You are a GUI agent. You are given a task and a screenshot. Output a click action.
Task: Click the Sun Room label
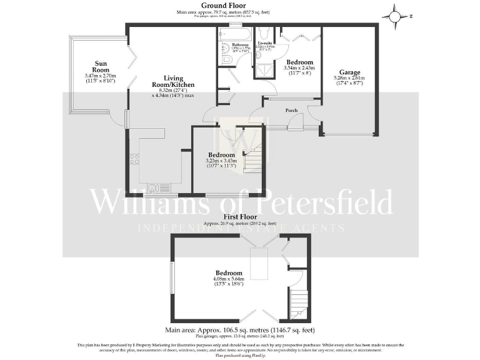tap(101, 66)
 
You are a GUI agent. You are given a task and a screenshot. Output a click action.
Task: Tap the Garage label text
tap(349, 71)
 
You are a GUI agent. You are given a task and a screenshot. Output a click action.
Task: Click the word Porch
tap(291, 110)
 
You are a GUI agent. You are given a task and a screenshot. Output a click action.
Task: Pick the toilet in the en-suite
tap(265, 34)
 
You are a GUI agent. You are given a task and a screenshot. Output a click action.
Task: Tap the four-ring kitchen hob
tap(134, 159)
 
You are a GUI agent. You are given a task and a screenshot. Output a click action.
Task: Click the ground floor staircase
tap(253, 154)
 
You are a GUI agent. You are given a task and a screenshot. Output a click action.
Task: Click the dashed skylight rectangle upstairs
tap(257, 262)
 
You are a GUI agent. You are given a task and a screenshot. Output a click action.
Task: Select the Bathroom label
tap(241, 45)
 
